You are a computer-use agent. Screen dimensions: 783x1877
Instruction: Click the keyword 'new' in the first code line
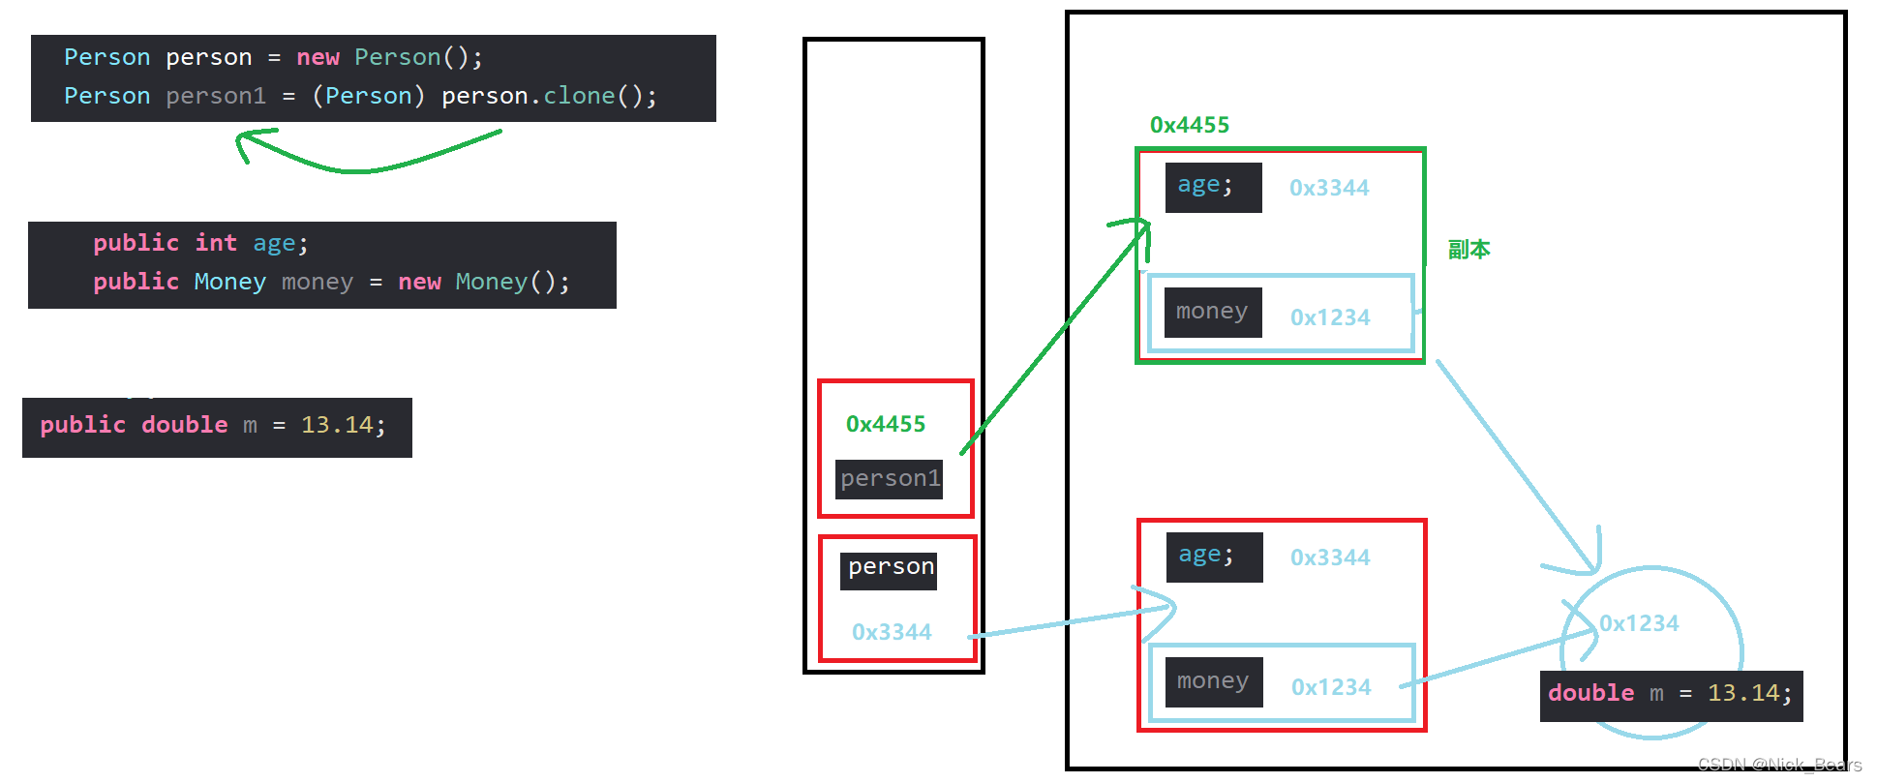(x=318, y=57)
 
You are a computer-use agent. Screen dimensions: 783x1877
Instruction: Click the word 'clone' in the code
(x=579, y=96)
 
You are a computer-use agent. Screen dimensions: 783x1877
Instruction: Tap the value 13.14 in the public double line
(x=336, y=425)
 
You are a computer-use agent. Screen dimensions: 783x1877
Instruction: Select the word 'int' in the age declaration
(x=216, y=243)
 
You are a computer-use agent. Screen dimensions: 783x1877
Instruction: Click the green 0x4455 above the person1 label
(x=885, y=424)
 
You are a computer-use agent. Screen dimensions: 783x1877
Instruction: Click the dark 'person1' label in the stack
(x=890, y=478)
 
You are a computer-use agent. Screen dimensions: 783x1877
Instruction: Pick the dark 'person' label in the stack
(x=891, y=567)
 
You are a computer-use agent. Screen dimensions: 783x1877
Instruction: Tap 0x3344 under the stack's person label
(x=892, y=632)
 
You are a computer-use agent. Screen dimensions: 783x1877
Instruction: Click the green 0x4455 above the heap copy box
(x=1189, y=125)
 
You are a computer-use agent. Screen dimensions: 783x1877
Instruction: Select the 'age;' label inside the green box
(x=1205, y=185)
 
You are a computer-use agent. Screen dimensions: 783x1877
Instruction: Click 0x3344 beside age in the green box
(x=1329, y=188)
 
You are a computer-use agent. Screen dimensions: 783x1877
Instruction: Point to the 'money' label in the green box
(x=1211, y=312)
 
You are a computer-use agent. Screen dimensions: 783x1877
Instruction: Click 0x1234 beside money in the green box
(x=1330, y=317)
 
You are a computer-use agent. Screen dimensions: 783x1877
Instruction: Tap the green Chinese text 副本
(x=1468, y=250)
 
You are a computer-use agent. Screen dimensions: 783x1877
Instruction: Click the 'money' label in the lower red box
(x=1212, y=681)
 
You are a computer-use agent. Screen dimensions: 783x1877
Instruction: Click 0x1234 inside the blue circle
(x=1639, y=623)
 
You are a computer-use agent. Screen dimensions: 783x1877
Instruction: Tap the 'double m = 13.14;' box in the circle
(x=1671, y=694)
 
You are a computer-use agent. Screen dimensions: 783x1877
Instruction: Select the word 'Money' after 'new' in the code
(x=491, y=282)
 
